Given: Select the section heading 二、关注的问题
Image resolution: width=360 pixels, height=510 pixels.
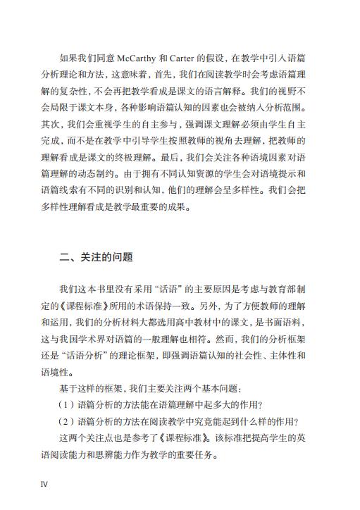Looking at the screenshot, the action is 96,256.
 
